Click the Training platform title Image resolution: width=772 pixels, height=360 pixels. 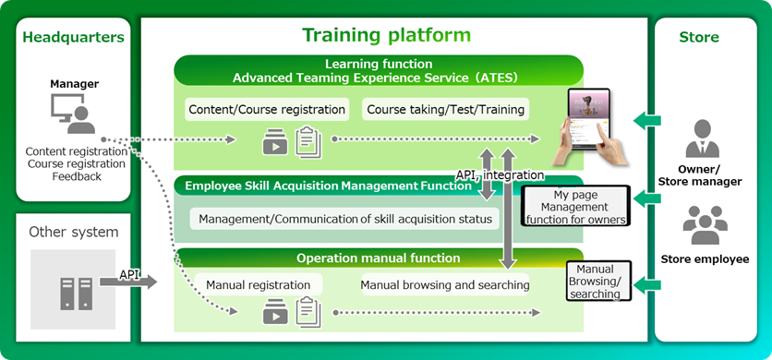[387, 36]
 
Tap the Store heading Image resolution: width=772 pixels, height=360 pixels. [698, 38]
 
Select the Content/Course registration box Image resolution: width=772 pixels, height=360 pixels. [267, 110]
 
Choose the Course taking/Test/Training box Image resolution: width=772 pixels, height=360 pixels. [446, 110]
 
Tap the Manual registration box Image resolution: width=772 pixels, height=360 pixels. [258, 284]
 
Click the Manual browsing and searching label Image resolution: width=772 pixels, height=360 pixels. [444, 284]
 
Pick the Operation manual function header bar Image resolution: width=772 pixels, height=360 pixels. [378, 258]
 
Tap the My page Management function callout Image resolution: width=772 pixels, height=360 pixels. [575, 207]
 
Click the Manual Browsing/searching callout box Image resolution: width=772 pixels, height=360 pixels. [594, 281]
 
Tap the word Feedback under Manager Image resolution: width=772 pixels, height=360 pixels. [77, 176]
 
